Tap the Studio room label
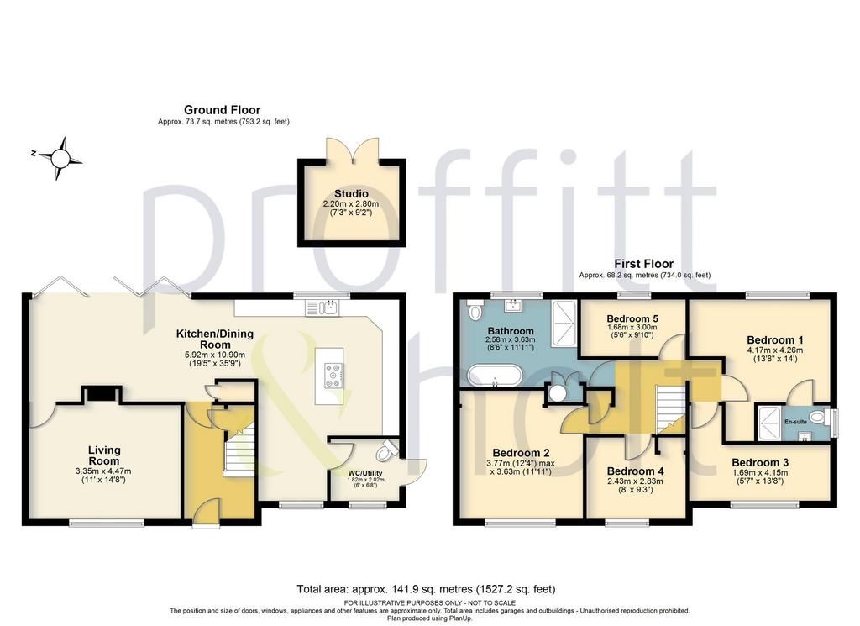tap(352, 193)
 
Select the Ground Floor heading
tap(222, 110)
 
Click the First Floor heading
tap(643, 263)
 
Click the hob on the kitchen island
tap(333, 376)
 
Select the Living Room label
tap(103, 455)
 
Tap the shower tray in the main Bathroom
tap(564, 324)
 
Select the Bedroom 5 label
tap(632, 318)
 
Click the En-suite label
tap(795, 422)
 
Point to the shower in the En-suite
tap(769, 423)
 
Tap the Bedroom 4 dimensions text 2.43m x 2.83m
tap(635, 481)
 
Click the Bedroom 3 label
tap(760, 462)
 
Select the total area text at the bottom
tap(426, 589)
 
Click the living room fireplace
tap(102, 394)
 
